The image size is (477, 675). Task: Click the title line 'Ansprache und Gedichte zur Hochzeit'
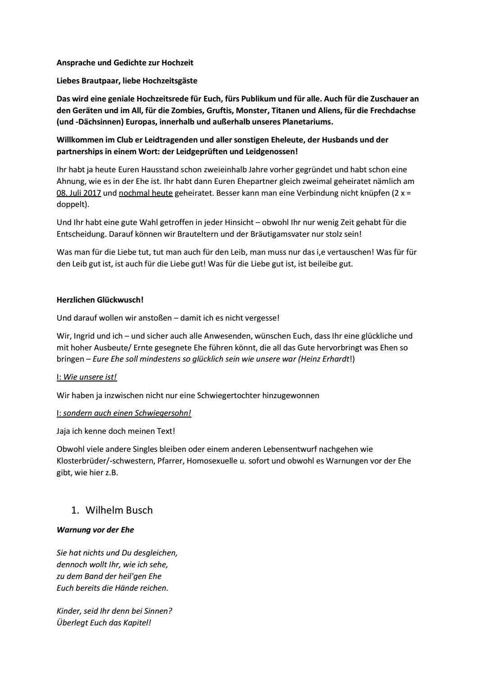coord(125,63)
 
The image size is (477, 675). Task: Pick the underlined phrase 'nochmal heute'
coord(145,193)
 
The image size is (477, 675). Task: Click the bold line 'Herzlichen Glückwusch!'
coord(100,299)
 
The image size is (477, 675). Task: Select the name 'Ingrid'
coord(86,336)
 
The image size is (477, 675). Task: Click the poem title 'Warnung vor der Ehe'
coord(95,530)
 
